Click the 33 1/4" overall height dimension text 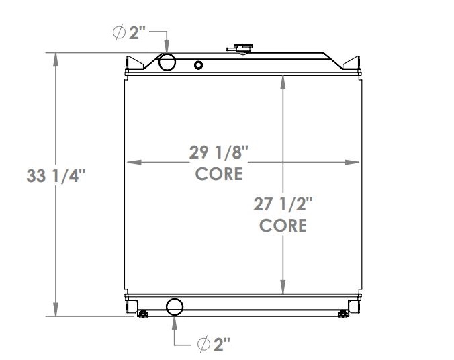pyautogui.click(x=56, y=177)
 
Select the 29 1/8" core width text pyautogui.click(x=219, y=152)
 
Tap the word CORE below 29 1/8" pyautogui.click(x=219, y=173)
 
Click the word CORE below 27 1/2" pyautogui.click(x=283, y=225)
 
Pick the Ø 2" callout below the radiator pyautogui.click(x=215, y=344)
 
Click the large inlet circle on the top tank pyautogui.click(x=167, y=62)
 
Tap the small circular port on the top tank pyautogui.click(x=198, y=65)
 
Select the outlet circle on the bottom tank pyautogui.click(x=175, y=307)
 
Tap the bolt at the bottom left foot pyautogui.click(x=142, y=313)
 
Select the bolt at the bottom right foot pyautogui.click(x=344, y=313)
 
